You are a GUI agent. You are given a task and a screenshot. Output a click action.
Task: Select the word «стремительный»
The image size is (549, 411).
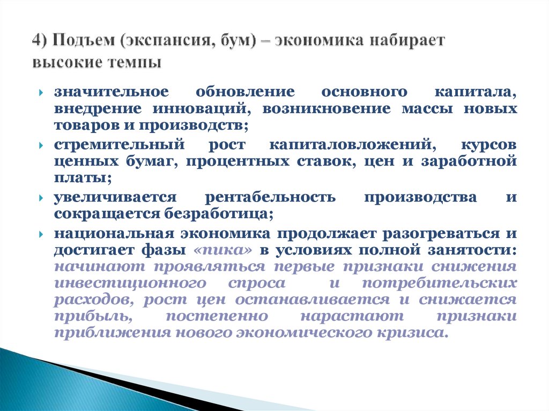point(118,145)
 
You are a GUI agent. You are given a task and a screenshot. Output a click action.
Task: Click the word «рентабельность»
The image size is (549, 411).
point(270,198)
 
